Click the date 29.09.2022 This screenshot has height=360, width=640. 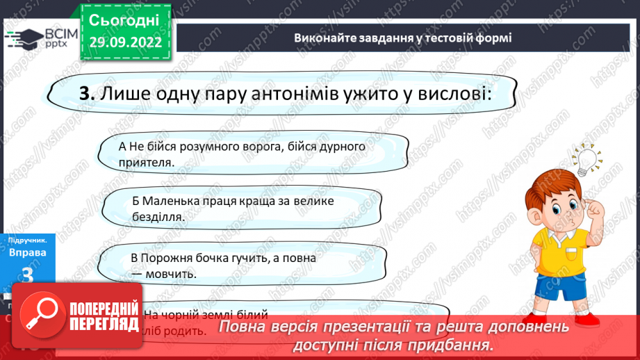pos(125,42)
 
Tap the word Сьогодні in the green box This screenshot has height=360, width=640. pos(124,19)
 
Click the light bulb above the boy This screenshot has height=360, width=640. pos(588,157)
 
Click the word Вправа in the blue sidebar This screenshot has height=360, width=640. pos(28,252)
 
